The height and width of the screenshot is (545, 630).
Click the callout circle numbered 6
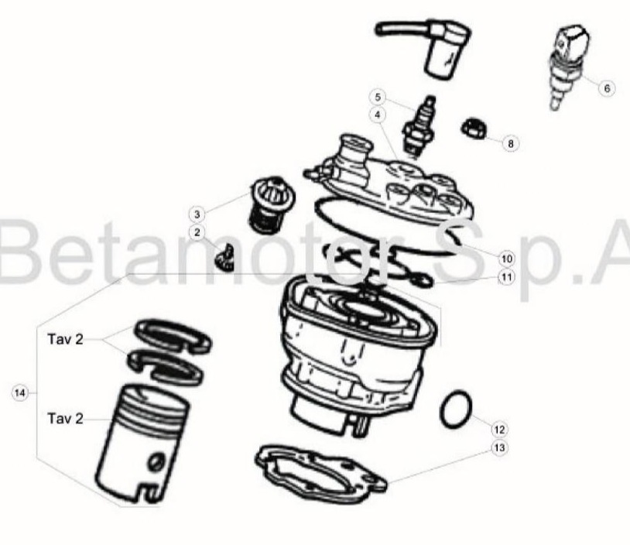[x=607, y=88]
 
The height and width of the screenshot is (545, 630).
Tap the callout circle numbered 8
[x=511, y=143]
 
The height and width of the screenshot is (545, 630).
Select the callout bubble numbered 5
[x=378, y=98]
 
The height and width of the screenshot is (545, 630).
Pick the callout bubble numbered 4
[x=378, y=115]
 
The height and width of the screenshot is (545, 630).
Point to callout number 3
[x=197, y=214]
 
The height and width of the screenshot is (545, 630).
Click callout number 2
[x=197, y=232]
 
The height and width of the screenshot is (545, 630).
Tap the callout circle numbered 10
[x=507, y=259]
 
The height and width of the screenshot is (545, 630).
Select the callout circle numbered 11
[x=507, y=277]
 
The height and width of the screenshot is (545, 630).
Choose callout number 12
[x=499, y=430]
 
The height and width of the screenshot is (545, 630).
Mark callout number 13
[x=499, y=447]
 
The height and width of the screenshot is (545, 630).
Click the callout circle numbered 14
[x=19, y=392]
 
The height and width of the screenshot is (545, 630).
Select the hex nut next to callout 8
[x=474, y=129]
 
